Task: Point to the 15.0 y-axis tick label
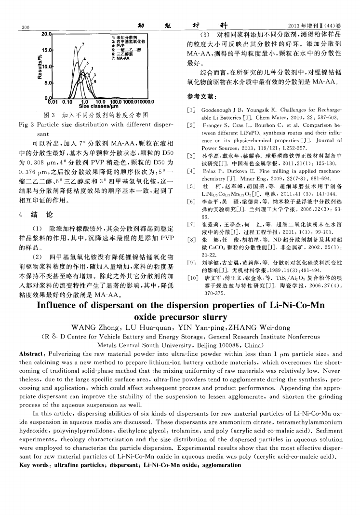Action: pos(46,50)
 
